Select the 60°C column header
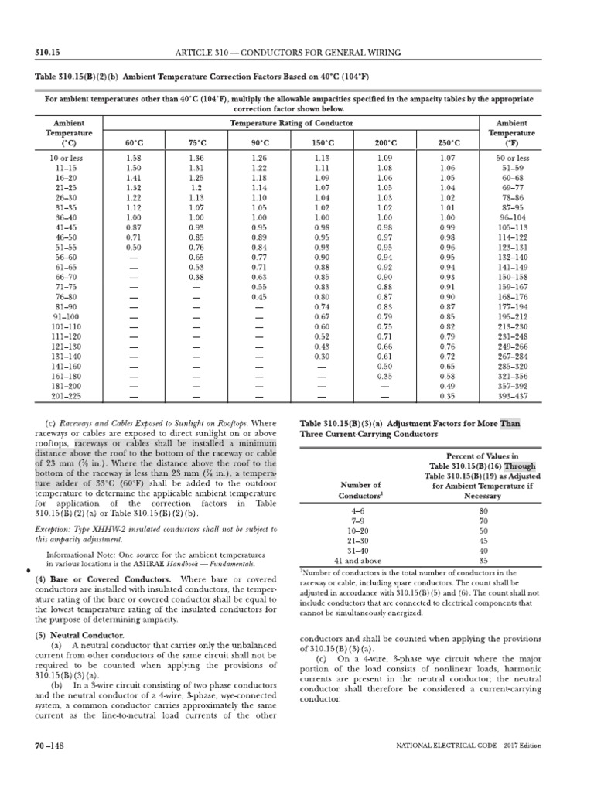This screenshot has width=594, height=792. [134, 143]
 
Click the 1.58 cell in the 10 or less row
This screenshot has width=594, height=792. [134, 158]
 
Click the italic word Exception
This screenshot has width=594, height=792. [54, 530]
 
